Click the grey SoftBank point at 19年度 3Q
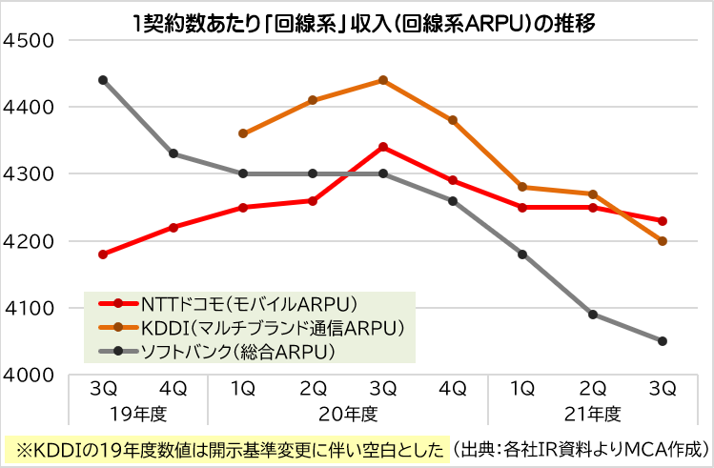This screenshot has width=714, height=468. point(103,80)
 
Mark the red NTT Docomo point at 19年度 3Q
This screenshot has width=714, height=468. point(103,254)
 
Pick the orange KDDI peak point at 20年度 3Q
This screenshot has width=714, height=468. point(383,80)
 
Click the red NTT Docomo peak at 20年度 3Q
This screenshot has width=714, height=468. point(383,147)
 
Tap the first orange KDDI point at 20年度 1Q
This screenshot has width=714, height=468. point(243,133)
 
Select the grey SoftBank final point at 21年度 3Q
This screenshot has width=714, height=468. point(663,341)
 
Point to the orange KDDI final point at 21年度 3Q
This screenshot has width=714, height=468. point(663,241)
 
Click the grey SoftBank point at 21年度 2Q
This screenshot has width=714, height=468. point(593,315)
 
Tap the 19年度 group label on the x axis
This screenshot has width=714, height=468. point(138,415)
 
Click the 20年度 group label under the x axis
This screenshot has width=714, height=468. point(348,415)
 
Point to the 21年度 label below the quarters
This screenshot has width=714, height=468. point(593,415)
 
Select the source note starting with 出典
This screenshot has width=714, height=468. point(580,448)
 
